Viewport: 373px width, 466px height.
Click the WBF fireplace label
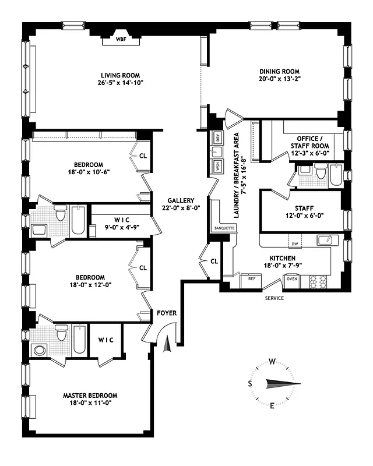[x=121, y=40]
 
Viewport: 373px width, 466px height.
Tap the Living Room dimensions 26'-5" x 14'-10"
[x=121, y=83]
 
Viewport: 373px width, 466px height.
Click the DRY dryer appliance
[x=217, y=138]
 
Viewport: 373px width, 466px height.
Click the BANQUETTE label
[x=224, y=228]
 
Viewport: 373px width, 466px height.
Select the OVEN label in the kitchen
[x=291, y=278]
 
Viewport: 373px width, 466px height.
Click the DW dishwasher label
[x=295, y=244]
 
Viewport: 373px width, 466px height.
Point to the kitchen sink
[x=325, y=239]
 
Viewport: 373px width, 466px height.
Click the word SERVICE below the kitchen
[x=274, y=298]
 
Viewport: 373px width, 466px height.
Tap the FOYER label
[x=167, y=313]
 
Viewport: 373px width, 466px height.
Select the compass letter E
[x=272, y=405]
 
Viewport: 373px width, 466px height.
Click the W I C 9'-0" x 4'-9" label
[x=122, y=223]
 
